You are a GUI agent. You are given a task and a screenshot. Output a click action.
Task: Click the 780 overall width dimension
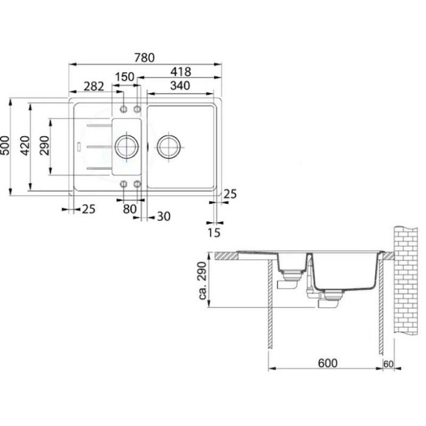pyautogui.click(x=145, y=58)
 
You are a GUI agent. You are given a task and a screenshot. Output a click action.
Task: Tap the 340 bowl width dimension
pyautogui.click(x=181, y=85)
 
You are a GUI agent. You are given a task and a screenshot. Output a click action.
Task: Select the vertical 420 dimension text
pyautogui.click(x=24, y=145)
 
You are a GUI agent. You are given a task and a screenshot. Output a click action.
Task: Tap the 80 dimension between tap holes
pyautogui.click(x=130, y=209)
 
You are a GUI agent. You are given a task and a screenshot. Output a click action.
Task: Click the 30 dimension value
pyautogui.click(x=163, y=217)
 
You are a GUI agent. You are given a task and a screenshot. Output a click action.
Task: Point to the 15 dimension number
pyautogui.click(x=214, y=232)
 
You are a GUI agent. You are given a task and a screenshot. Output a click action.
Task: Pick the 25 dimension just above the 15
pyautogui.click(x=229, y=194)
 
